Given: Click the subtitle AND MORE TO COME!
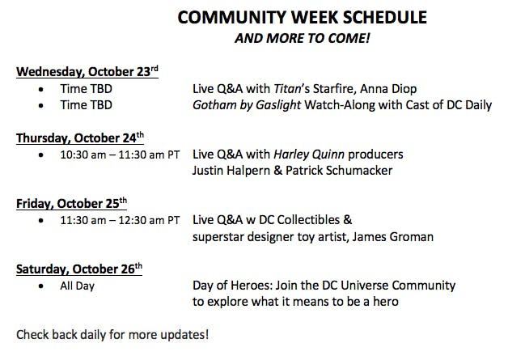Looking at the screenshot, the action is tap(303, 38).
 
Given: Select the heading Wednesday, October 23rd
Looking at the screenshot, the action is tap(87, 71).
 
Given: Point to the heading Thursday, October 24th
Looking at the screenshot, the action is tap(80, 138).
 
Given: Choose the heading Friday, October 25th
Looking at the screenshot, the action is tap(71, 203).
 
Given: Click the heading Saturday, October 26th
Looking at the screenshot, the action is tap(79, 269).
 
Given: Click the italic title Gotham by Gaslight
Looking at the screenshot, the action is tap(247, 105).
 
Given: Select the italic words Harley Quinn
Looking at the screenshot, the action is tap(309, 155).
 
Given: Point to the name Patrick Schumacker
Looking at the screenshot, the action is tap(339, 171).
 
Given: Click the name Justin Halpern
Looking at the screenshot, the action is tap(231, 171).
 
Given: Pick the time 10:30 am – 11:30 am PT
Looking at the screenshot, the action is tap(120, 155).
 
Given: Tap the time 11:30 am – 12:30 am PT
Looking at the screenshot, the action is tap(120, 220).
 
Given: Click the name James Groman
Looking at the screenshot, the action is tap(392, 237).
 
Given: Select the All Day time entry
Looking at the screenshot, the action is tap(77, 286).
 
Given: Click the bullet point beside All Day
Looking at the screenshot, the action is tap(40, 286).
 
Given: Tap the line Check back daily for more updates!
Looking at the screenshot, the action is tap(112, 335).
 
